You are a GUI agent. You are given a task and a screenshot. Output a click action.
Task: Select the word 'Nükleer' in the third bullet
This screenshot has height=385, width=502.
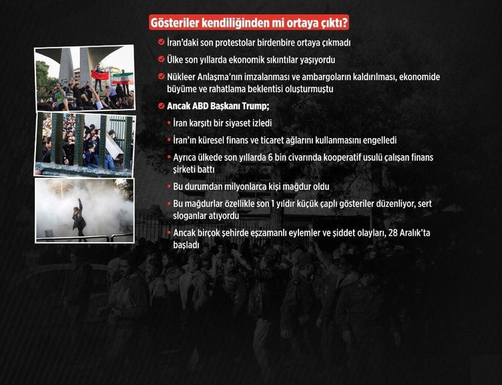(184, 77)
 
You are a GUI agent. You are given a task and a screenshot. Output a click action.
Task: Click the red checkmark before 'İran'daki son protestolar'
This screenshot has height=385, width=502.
(161, 42)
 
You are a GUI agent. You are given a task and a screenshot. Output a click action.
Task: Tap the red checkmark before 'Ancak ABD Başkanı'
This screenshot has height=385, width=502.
(161, 106)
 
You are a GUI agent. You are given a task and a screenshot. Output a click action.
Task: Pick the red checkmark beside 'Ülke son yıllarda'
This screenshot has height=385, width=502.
(161, 59)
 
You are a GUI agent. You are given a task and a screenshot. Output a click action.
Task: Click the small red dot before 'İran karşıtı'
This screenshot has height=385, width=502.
(168, 124)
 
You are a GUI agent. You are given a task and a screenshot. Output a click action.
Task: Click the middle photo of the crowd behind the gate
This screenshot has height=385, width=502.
(85, 141)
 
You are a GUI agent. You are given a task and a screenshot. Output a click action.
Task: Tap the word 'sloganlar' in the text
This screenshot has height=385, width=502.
(192, 216)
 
